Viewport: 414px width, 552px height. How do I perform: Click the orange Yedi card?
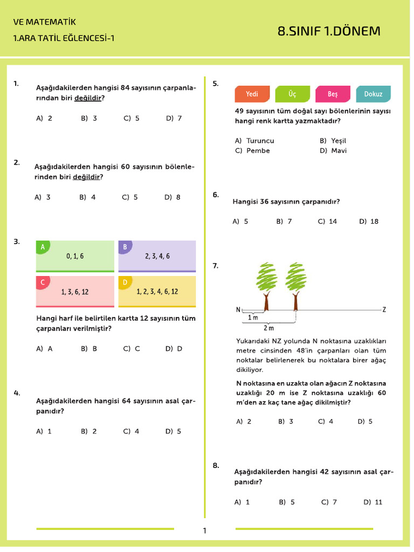[x=252, y=94]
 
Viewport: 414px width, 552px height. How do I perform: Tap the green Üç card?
[x=292, y=94]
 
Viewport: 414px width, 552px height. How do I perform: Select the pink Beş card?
[x=333, y=94]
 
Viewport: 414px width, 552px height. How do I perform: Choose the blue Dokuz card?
[x=373, y=94]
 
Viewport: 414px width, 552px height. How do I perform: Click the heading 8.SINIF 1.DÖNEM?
[x=329, y=31]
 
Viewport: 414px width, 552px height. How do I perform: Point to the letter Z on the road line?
[x=384, y=309]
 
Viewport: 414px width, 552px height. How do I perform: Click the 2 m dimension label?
[x=268, y=328]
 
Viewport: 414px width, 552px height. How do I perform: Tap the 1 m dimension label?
[x=253, y=318]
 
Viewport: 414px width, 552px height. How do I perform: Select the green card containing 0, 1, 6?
[x=75, y=257]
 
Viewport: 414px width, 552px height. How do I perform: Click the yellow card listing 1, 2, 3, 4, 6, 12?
[x=157, y=292]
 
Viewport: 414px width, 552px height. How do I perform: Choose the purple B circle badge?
[x=125, y=247]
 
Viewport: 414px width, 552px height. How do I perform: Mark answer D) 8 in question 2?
[x=172, y=197]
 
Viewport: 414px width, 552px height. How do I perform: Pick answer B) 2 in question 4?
[x=89, y=431]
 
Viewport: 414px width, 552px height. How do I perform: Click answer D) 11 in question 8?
[x=372, y=502]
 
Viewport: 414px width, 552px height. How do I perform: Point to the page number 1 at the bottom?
[x=204, y=531]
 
